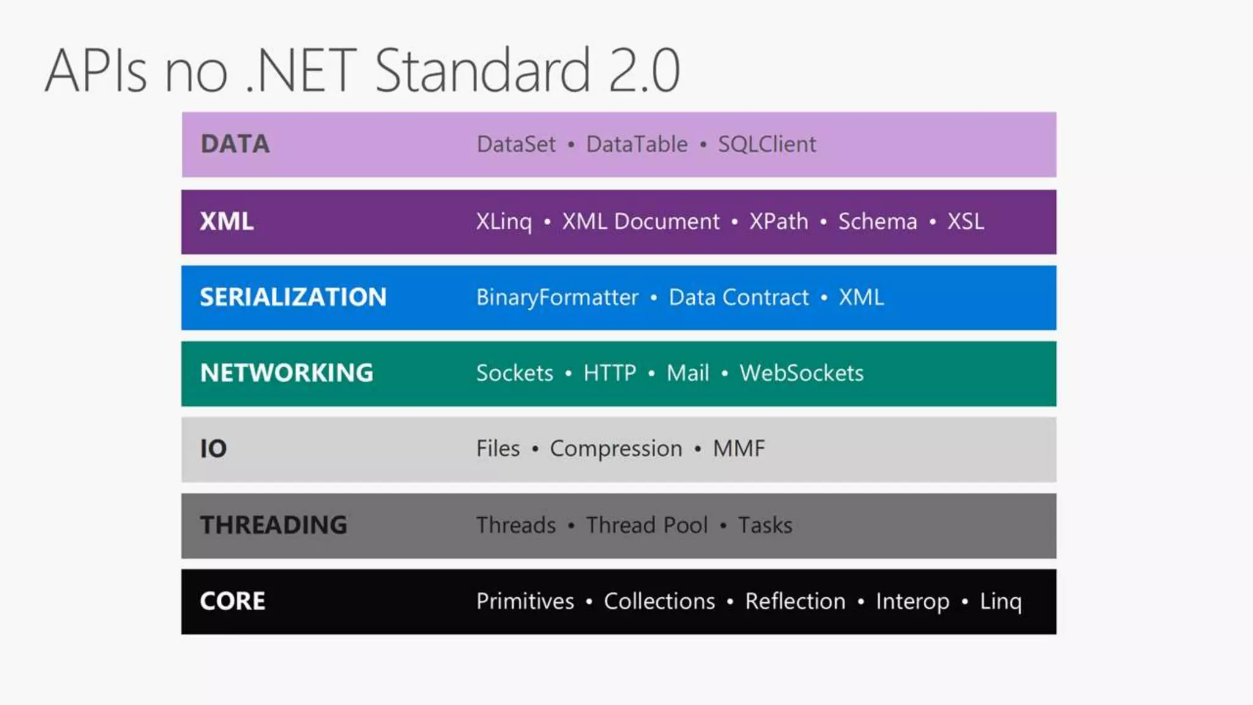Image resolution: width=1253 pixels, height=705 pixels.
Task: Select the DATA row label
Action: pos(235,144)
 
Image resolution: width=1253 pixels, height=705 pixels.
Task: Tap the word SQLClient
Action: pos(767,144)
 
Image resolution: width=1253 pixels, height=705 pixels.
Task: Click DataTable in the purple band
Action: pos(637,144)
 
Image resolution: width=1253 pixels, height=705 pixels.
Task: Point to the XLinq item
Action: pos(504,222)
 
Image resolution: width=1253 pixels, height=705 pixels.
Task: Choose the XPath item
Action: pos(779,222)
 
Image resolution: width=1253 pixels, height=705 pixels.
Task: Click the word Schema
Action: pos(877,222)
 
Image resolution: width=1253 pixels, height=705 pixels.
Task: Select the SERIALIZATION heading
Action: pos(293,297)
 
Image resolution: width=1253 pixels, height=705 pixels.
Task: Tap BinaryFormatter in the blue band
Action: pos(557,297)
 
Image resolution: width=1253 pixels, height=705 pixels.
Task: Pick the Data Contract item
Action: pos(738,297)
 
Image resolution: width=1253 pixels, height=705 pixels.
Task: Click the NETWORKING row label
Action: pos(286,373)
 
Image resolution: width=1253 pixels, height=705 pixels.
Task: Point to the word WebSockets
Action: pos(801,373)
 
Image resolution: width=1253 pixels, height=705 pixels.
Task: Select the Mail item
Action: pos(688,373)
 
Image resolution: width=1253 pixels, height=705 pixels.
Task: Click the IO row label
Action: pos(213,449)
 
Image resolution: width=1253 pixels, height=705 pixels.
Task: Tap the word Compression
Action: pos(616,449)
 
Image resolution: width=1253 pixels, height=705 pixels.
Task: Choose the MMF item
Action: pos(738,449)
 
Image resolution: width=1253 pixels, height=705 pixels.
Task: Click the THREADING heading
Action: pos(273,525)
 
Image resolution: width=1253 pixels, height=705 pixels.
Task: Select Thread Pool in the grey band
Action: pos(647,525)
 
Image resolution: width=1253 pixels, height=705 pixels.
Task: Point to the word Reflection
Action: pos(795,601)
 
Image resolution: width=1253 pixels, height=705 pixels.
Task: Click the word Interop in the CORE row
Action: pos(912,601)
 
